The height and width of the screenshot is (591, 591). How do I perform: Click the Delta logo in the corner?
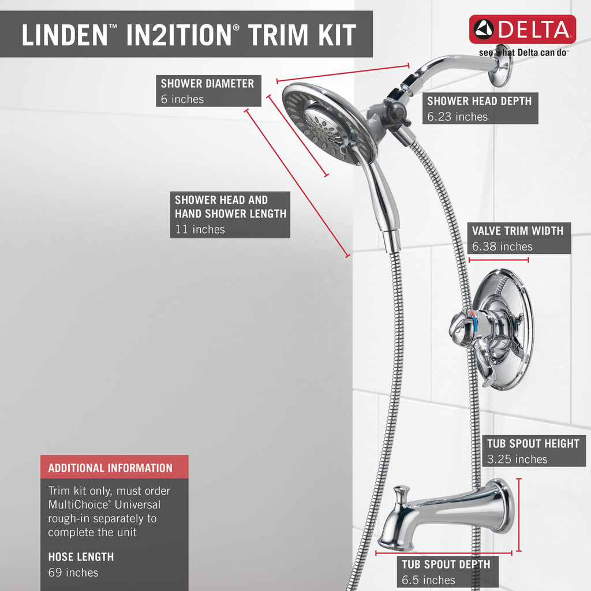[x=522, y=29]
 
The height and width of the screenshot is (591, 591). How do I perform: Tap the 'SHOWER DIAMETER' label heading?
[x=207, y=83]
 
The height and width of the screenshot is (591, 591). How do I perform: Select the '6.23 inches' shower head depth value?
[x=457, y=117]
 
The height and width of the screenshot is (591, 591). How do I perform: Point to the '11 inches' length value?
[x=200, y=229]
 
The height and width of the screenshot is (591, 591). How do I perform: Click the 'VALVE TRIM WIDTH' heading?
[x=518, y=231]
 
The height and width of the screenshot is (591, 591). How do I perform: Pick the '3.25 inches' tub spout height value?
[x=517, y=459]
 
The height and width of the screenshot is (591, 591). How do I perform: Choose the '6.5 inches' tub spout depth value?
[x=428, y=579]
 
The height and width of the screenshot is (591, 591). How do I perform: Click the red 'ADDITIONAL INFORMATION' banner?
[x=115, y=467]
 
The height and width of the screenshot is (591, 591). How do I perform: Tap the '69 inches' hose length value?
[x=73, y=572]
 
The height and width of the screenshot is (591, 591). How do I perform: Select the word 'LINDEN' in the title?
[x=65, y=35]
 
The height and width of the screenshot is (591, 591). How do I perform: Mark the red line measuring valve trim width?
[x=498, y=260]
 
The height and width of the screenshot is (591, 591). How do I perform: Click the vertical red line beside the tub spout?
[x=519, y=515]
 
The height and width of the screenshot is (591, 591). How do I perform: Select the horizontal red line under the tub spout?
[x=444, y=553]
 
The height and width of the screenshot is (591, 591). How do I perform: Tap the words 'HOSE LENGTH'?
[x=81, y=557]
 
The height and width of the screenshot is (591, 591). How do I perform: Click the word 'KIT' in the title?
[x=337, y=35]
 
